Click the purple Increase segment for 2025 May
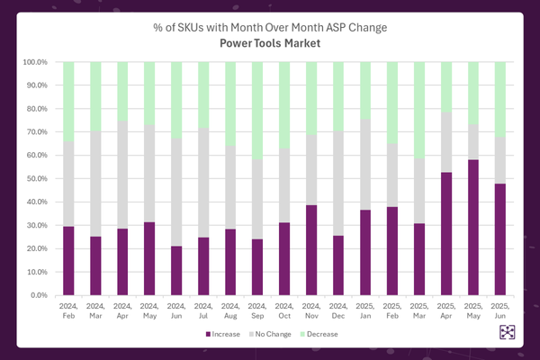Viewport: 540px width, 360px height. pos(473,227)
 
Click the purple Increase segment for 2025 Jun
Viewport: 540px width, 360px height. pos(500,238)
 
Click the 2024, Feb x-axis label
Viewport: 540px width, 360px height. pos(68,309)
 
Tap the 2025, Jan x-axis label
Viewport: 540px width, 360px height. pos(365,309)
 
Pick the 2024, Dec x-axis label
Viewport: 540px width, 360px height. pos(338,309)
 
